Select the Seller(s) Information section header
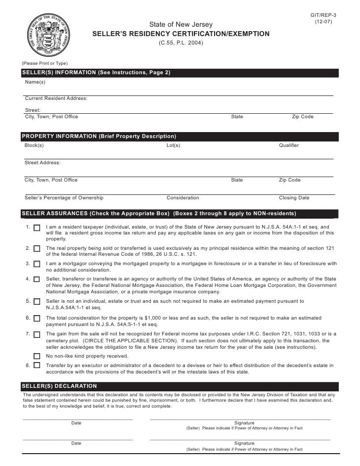pyautogui.click(x=96, y=73)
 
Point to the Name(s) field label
pyautogui.click(x=35, y=82)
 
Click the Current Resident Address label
pyautogui.click(x=56, y=98)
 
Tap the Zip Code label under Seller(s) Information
pyautogui.click(x=303, y=117)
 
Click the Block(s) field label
pyautogui.click(x=34, y=145)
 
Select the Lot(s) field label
pyautogui.click(x=173, y=145)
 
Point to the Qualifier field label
pyautogui.click(x=289, y=145)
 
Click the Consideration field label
pyautogui.click(x=182, y=198)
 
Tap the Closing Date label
pyautogui.click(x=294, y=198)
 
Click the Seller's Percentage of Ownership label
pyautogui.click(x=64, y=198)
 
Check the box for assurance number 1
pyautogui.click(x=37, y=229)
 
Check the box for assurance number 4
pyautogui.click(x=37, y=280)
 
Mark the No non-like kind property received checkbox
pyautogui.click(x=37, y=356)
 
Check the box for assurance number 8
pyautogui.click(x=37, y=366)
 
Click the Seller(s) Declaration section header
pyautogui.click(x=59, y=386)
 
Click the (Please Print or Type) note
pyautogui.click(x=45, y=63)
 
